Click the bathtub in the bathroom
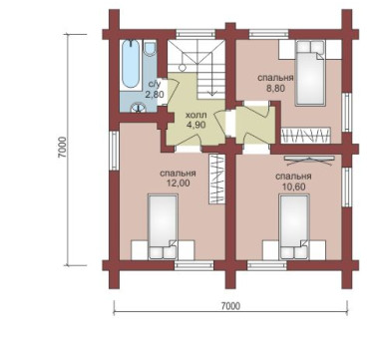click(131, 65)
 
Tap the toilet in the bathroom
click(151, 48)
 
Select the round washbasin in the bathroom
click(138, 108)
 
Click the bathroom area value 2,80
click(155, 95)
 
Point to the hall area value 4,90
click(196, 125)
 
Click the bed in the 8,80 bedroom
click(310, 73)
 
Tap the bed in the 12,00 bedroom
click(163, 227)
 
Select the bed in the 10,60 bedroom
click(294, 227)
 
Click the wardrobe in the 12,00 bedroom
click(216, 179)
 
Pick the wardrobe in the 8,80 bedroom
click(306, 136)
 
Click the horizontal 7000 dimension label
click(230, 306)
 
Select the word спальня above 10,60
click(293, 177)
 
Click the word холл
click(196, 116)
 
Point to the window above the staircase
click(195, 34)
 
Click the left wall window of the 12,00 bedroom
click(114, 151)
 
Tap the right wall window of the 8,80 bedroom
click(347, 113)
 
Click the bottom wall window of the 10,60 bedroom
click(267, 265)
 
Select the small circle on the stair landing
click(183, 67)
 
